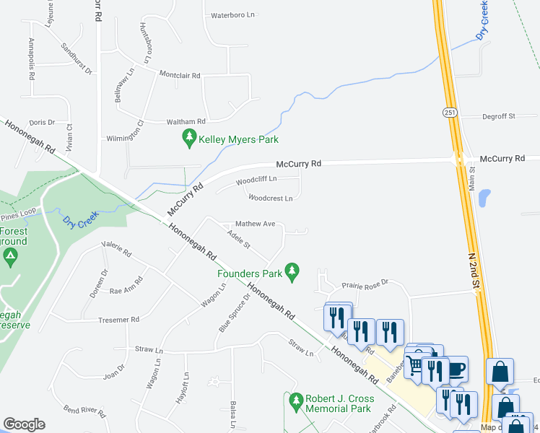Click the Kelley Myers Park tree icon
pyautogui.click(x=189, y=139)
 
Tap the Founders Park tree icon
pyautogui.click(x=292, y=273)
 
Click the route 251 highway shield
pyautogui.click(x=449, y=113)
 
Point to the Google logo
pyautogui.click(x=24, y=424)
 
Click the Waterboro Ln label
pyautogui.click(x=232, y=14)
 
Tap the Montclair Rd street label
pyautogui.click(x=179, y=75)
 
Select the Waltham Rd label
pyautogui.click(x=186, y=121)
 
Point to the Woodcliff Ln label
pyautogui.click(x=256, y=179)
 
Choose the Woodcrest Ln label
pyautogui.click(x=270, y=198)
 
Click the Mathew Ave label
pyautogui.click(x=256, y=224)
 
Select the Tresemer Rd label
pyautogui.click(x=118, y=319)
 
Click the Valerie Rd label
pyautogui.click(x=116, y=254)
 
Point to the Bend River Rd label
pyautogui.click(x=84, y=412)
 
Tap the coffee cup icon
pyautogui.click(x=456, y=369)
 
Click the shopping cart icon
pyautogui.click(x=415, y=366)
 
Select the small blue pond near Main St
pyautogui.click(x=484, y=197)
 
